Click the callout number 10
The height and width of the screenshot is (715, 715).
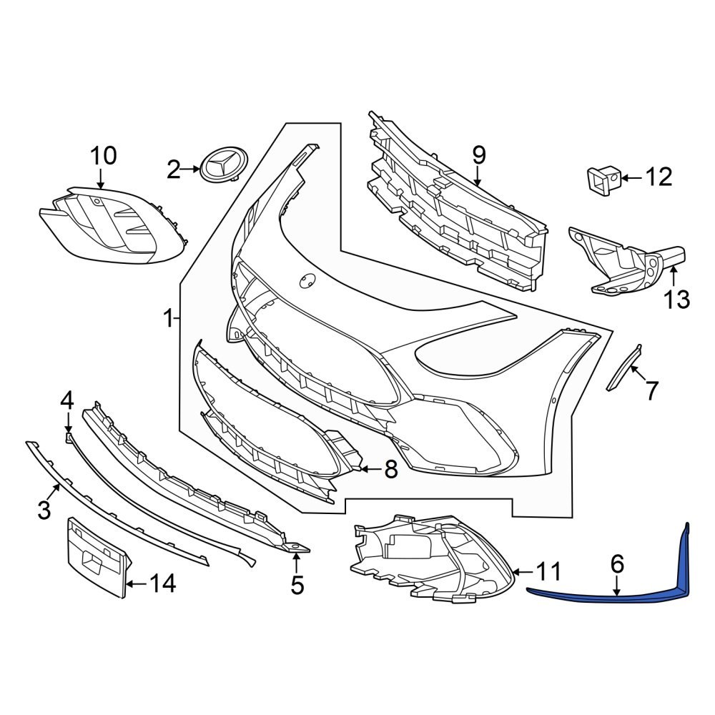click(x=102, y=155)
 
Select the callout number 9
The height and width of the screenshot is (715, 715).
click(x=478, y=154)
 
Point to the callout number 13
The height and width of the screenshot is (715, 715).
click(x=676, y=299)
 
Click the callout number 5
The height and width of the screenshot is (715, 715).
click(x=297, y=586)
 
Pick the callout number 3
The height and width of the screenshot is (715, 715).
click(x=44, y=510)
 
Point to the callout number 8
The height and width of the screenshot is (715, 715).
click(x=390, y=470)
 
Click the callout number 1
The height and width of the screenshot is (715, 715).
click(x=168, y=318)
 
